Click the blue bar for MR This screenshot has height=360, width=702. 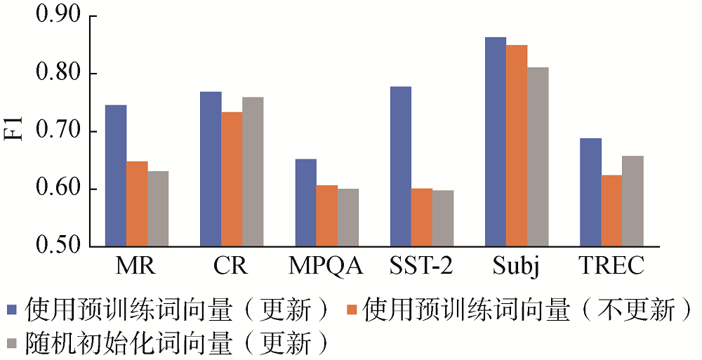tap(116, 175)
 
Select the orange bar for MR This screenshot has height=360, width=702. tap(137, 204)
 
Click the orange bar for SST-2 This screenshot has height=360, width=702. tap(422, 218)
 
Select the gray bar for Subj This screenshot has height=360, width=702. tap(538, 157)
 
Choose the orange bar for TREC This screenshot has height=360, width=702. tap(612, 211)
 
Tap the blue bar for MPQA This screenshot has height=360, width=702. tap(306, 203)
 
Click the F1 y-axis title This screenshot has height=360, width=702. tap(15, 132)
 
